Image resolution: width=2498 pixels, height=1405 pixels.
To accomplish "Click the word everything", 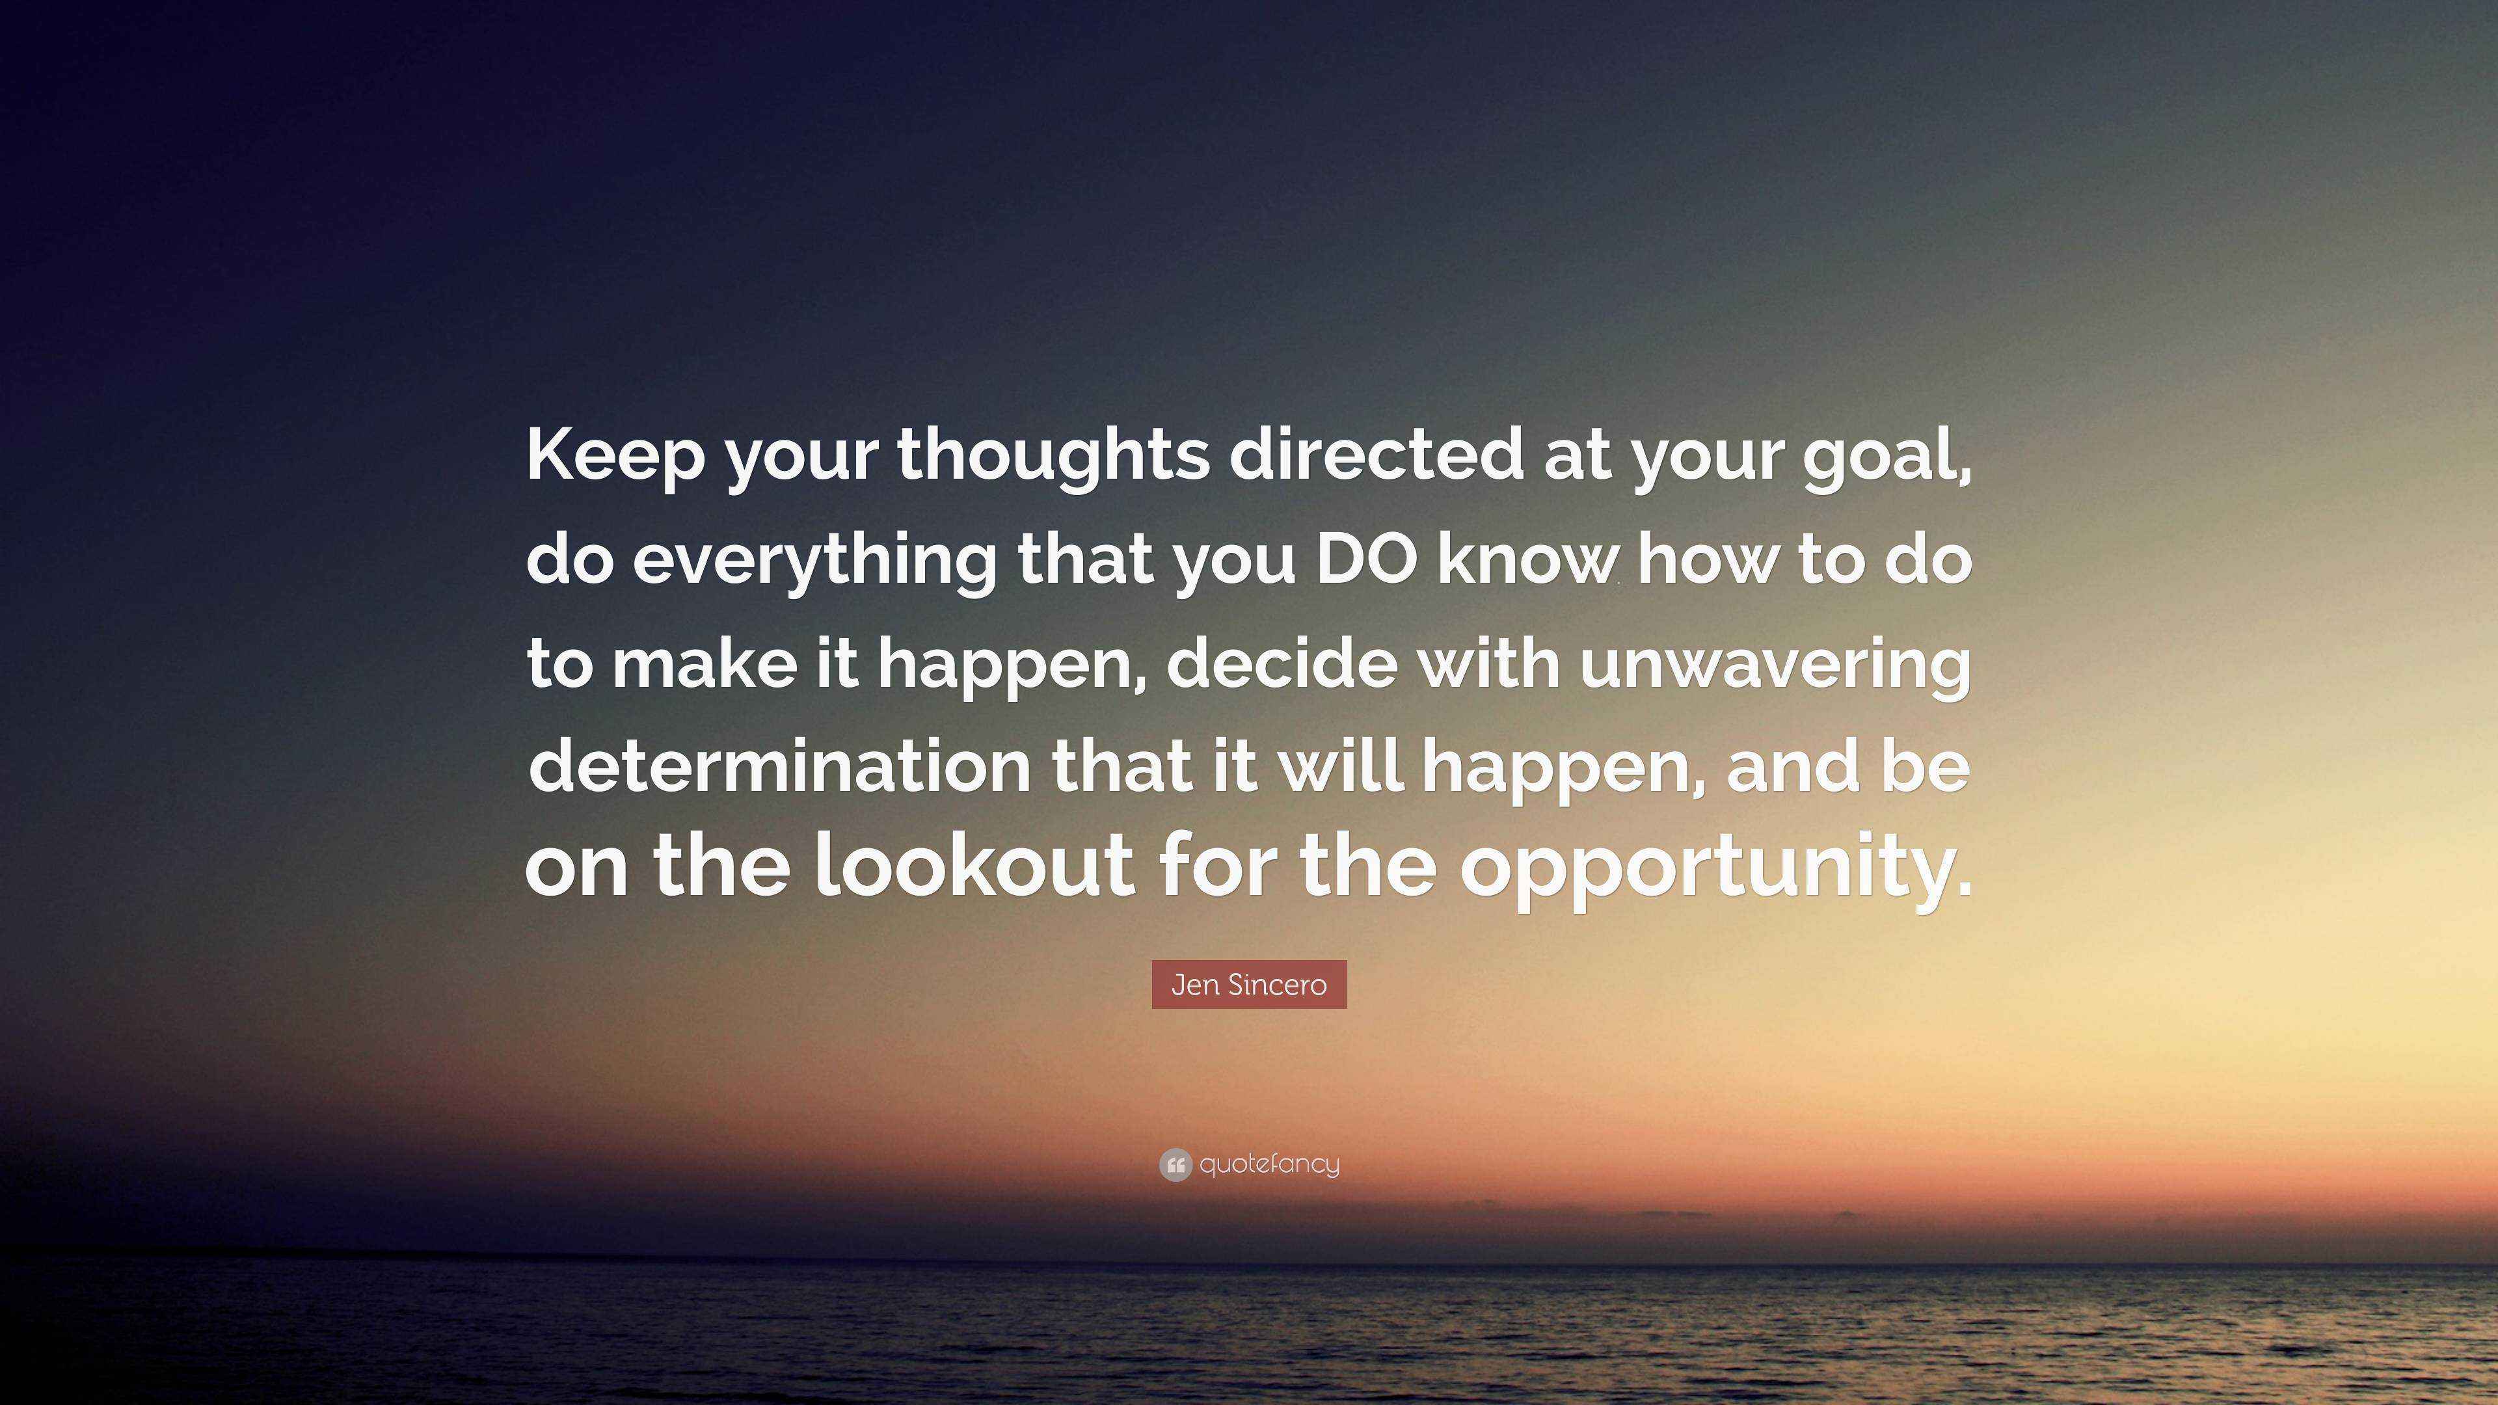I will [x=814, y=561].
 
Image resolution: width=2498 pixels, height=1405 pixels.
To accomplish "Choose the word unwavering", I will [x=1775, y=667].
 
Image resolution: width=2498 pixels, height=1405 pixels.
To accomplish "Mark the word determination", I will [x=780, y=766].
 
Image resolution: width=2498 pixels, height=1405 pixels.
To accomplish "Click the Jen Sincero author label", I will [x=1249, y=984].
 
